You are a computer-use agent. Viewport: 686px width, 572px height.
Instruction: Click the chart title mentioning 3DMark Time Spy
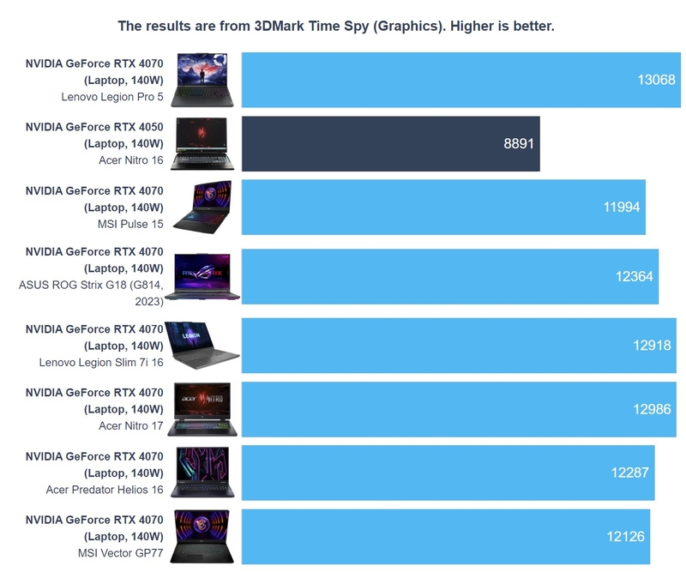[x=336, y=26]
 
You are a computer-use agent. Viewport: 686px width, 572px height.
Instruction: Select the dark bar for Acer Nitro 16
[x=390, y=143]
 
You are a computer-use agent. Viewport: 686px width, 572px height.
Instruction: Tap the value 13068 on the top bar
[x=657, y=80]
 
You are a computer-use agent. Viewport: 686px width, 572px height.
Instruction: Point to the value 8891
[x=519, y=143]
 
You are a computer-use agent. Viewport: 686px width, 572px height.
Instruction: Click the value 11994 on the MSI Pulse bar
[x=622, y=207]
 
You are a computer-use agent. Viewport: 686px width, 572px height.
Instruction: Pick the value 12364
[x=635, y=276]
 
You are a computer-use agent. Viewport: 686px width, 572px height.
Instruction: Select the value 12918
[x=652, y=345]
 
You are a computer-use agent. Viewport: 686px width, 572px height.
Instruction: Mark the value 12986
[x=652, y=409]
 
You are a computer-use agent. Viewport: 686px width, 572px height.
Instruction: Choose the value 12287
[x=629, y=473]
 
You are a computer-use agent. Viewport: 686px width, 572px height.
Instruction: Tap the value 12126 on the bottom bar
[x=625, y=536]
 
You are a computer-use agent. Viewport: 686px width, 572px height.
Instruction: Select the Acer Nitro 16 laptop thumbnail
[x=202, y=143]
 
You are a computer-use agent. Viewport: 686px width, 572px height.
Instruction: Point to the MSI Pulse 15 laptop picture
[x=202, y=207]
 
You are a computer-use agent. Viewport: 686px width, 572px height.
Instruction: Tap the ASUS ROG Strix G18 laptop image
[x=202, y=276]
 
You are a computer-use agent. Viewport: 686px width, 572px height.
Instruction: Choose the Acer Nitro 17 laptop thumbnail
[x=202, y=409]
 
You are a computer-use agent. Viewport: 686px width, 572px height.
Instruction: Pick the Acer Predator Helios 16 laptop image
[x=202, y=473]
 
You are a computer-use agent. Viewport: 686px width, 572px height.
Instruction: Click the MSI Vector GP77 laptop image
[x=202, y=536]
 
